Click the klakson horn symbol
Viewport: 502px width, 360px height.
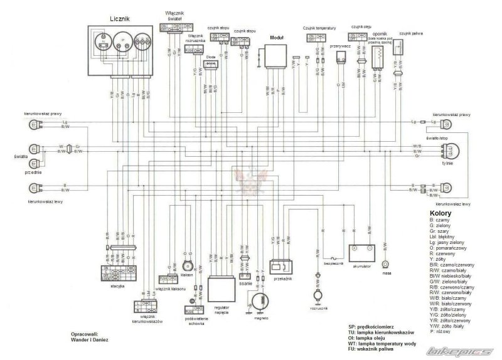[185, 266]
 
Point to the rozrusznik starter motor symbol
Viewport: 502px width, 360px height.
[316, 294]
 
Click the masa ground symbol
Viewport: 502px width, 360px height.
[385, 265]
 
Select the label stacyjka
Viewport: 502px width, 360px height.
[116, 285]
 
